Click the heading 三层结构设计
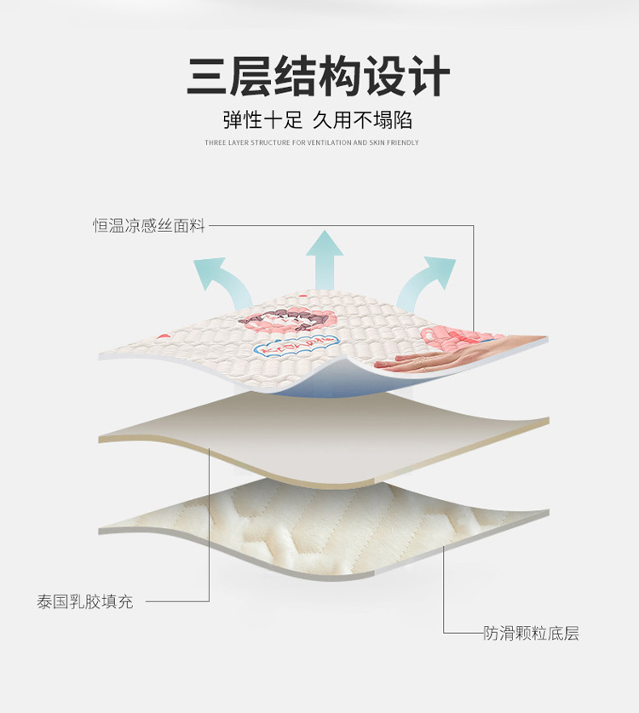point(319,77)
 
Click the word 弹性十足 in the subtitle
point(255,119)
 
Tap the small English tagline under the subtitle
point(312,143)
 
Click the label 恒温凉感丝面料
point(149,226)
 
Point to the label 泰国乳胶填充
point(85,601)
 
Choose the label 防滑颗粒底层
point(532,633)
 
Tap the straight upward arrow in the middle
point(325,259)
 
